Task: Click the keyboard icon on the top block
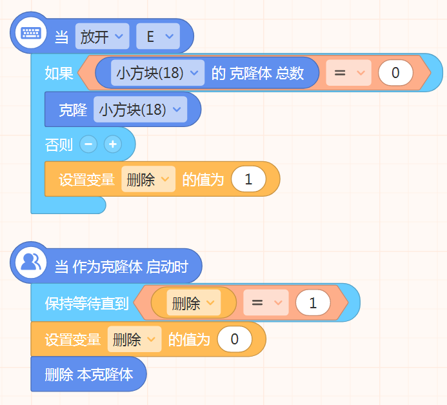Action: pyautogui.click(x=31, y=33)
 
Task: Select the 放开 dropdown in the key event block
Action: pyautogui.click(x=102, y=36)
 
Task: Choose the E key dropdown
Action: pyautogui.click(x=158, y=36)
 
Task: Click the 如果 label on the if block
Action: pyautogui.click(x=59, y=73)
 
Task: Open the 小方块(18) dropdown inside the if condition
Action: pyautogui.click(x=157, y=73)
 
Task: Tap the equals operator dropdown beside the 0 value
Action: pyautogui.click(x=348, y=73)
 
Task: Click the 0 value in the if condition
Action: pyautogui.click(x=395, y=73)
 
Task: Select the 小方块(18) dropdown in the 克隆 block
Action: pyautogui.click(x=140, y=109)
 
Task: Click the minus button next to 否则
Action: pyautogui.click(x=88, y=144)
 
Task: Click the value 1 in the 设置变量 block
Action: pyautogui.click(x=248, y=179)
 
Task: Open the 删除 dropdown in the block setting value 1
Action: pyautogui.click(x=148, y=179)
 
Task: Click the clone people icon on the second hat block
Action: pyautogui.click(x=31, y=262)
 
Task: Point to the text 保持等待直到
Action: pyautogui.click(x=86, y=302)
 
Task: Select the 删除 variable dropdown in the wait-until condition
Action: pyautogui.click(x=194, y=302)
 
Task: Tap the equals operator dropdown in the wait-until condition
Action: pyautogui.click(x=266, y=302)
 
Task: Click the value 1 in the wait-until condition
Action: pyautogui.click(x=313, y=302)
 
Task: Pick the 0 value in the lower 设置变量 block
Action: pyautogui.click(x=235, y=339)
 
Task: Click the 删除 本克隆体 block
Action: pyautogui.click(x=88, y=374)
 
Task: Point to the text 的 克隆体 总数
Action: pyautogui.click(x=257, y=73)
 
